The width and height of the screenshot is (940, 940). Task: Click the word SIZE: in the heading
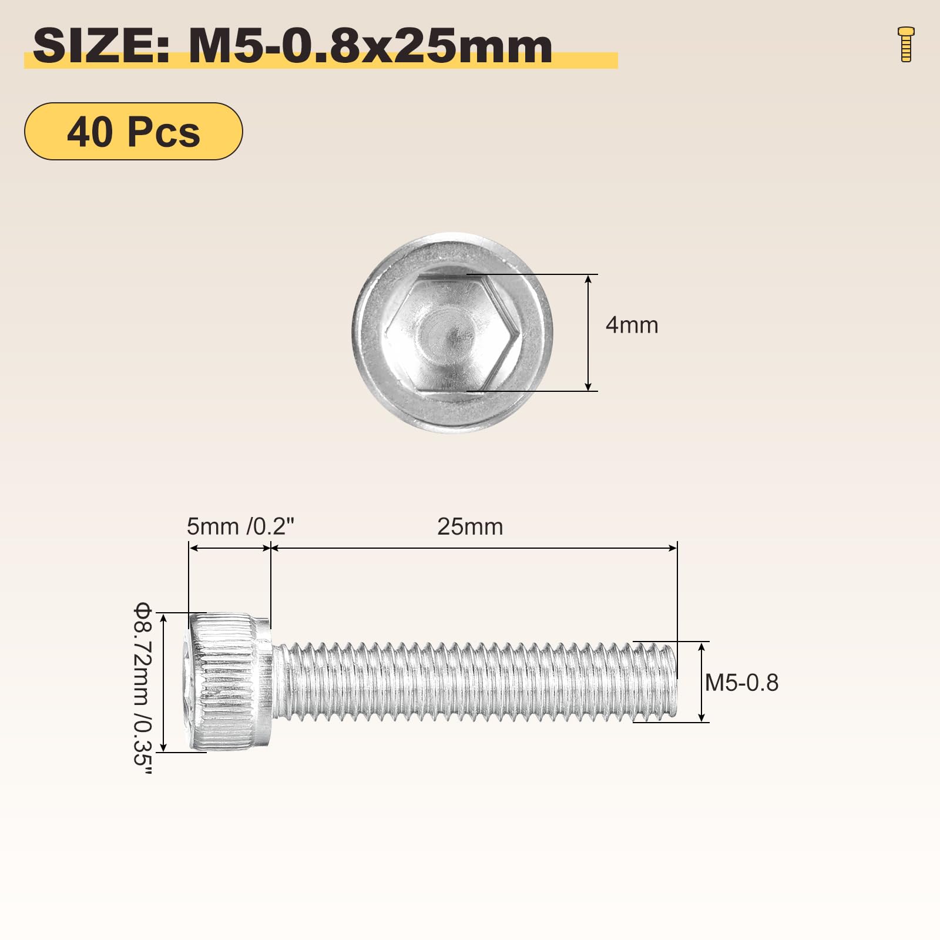pyautogui.click(x=102, y=46)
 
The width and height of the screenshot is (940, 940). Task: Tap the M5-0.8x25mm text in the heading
pyautogui.click(x=371, y=46)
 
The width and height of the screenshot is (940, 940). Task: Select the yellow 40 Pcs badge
pyautogui.click(x=133, y=131)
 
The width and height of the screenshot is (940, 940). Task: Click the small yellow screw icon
pyautogui.click(x=906, y=44)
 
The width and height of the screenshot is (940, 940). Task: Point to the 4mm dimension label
pyautogui.click(x=632, y=325)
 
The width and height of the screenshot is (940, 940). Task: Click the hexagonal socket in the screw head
pyautogui.click(x=452, y=333)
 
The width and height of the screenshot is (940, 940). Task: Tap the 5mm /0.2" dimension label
pyautogui.click(x=240, y=526)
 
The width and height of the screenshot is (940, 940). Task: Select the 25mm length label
pyautogui.click(x=470, y=526)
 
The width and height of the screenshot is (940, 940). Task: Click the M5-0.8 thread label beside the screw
pyautogui.click(x=741, y=683)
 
